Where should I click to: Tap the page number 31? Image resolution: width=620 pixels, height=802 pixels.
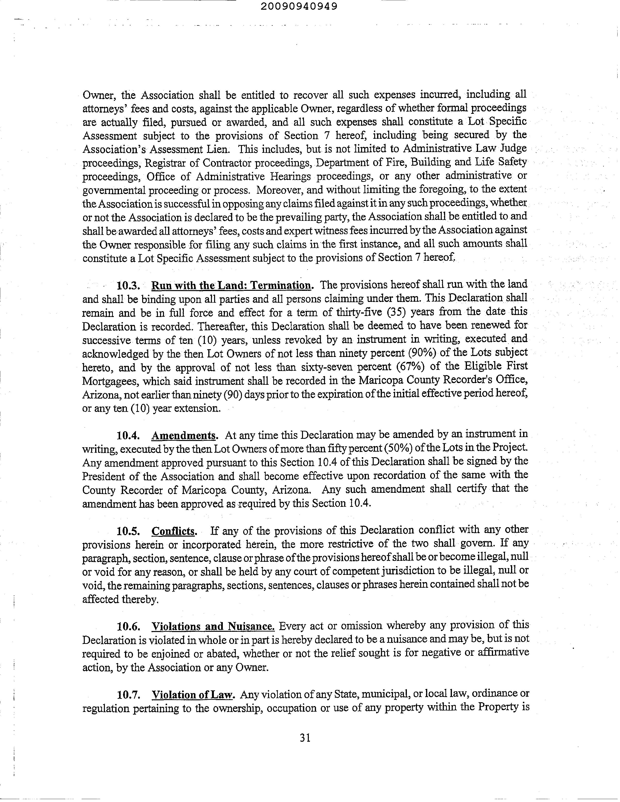pos(305,737)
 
